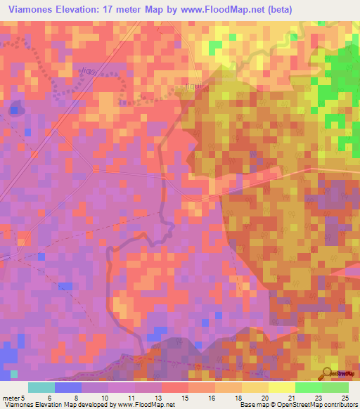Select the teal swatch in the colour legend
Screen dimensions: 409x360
tap(41, 387)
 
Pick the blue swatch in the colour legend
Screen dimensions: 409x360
tap(68, 387)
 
